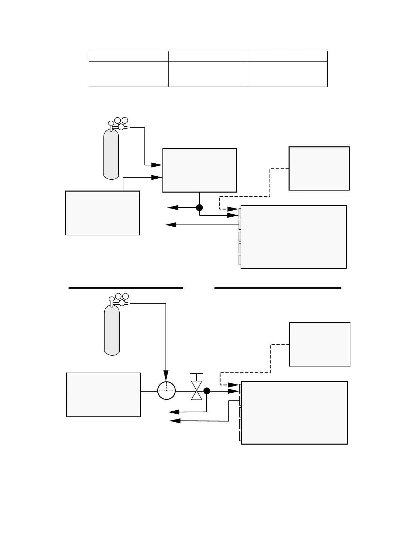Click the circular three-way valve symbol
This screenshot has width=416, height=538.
(167, 391)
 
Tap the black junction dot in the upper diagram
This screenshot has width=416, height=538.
(200, 208)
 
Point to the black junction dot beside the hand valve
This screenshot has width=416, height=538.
(207, 391)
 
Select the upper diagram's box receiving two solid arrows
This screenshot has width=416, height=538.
(200, 170)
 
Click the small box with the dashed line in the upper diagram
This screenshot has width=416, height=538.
(319, 168)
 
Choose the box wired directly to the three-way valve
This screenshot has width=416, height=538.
(103, 395)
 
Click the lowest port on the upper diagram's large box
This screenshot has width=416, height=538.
(240, 260)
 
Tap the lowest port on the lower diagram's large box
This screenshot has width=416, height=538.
(240, 436)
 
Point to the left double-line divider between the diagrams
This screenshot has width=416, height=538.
(126, 288)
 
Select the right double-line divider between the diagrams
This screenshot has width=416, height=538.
(278, 288)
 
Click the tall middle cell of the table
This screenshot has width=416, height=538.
(208, 74)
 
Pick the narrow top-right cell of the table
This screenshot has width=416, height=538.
(288, 56)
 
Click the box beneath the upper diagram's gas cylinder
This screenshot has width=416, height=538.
(102, 213)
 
